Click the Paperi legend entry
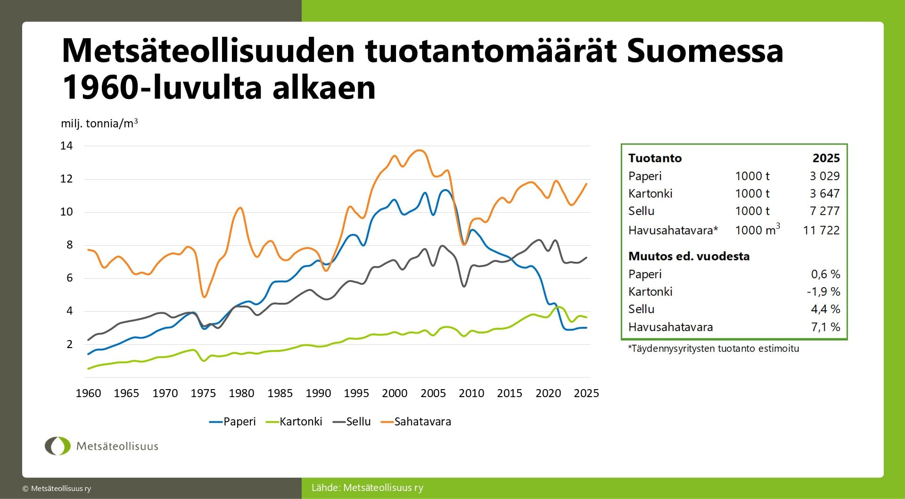[232, 422]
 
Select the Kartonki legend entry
[294, 422]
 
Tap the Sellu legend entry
[352, 422]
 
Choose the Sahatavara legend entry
[416, 422]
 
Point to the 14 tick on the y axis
[66, 146]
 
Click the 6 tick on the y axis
[70, 278]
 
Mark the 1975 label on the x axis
[203, 393]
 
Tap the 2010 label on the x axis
[471, 393]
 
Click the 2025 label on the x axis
[586, 393]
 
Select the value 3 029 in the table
[825, 176]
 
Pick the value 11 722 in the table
[822, 230]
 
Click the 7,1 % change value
[826, 327]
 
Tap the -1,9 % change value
[824, 291]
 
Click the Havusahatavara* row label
[673, 230]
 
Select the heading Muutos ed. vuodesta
[689, 256]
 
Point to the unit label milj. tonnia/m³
[99, 123]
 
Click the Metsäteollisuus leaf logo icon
[58, 446]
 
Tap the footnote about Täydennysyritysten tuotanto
[714, 349]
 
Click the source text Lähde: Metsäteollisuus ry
[368, 488]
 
